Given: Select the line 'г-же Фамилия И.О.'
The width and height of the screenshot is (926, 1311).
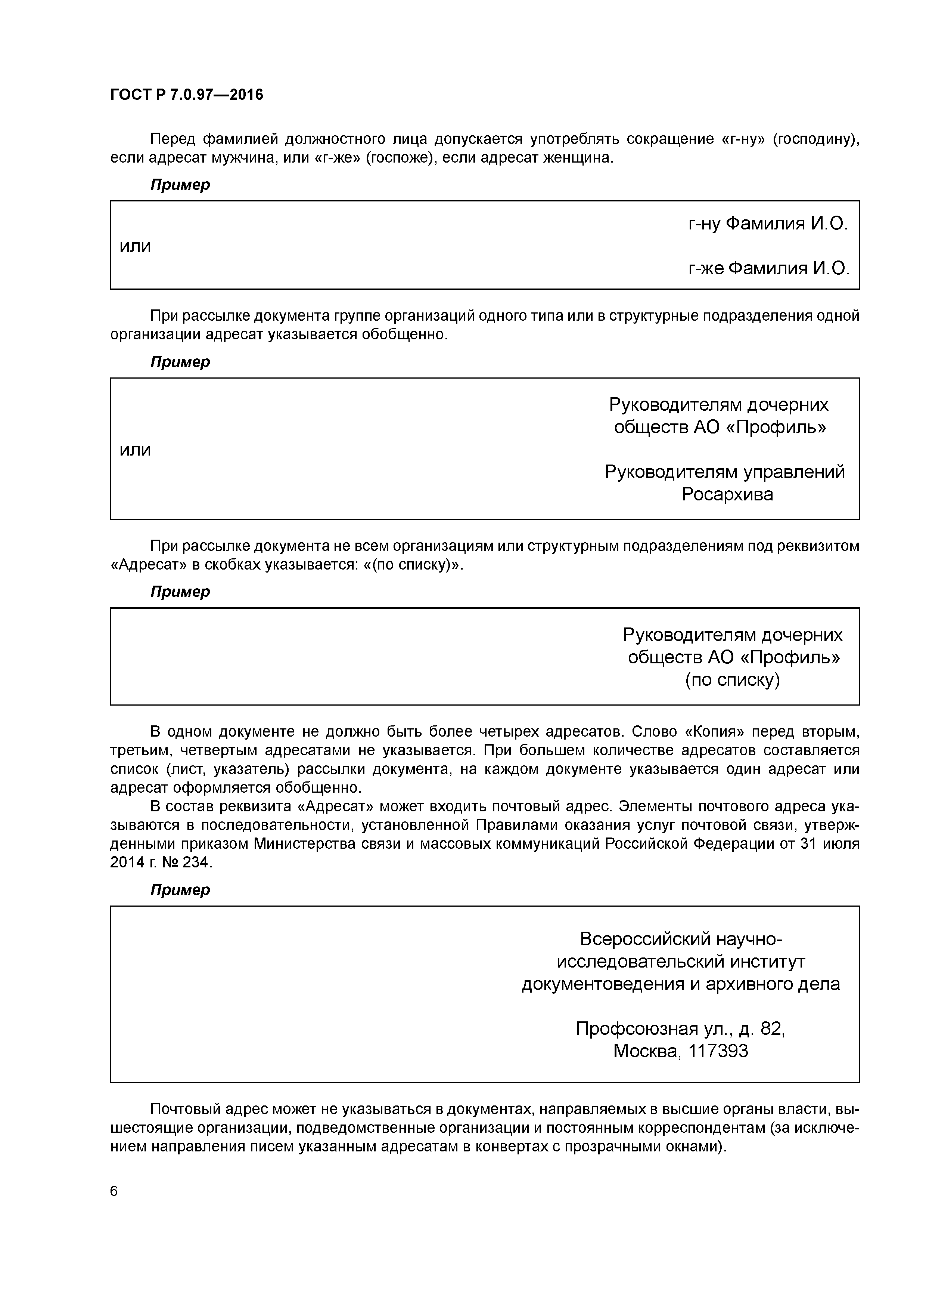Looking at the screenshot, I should point(768,268).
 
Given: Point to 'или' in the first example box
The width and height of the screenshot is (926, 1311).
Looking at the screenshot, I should point(135,246).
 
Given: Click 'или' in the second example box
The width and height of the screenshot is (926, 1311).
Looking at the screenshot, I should point(135,450).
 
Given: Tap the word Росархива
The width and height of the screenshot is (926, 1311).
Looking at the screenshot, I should point(727,494).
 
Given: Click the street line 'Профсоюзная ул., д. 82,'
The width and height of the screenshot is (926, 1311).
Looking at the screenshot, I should point(680,1028).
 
